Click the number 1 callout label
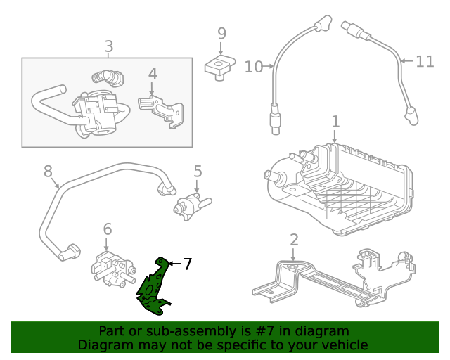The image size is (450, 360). click(x=335, y=121)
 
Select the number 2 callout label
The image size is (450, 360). click(x=294, y=239)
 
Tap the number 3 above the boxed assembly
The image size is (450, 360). click(x=108, y=47)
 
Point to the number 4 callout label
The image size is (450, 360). click(x=153, y=74)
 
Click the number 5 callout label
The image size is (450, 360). click(x=198, y=171)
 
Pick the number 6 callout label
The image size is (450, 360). click(x=108, y=229)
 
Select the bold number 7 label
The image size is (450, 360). click(x=187, y=264)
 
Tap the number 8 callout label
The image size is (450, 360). click(x=48, y=171)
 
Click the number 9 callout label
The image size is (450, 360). click(x=221, y=33)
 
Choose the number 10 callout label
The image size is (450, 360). click(x=253, y=67)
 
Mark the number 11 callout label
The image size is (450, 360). click(x=425, y=61)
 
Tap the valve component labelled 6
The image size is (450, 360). click(x=110, y=269)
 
